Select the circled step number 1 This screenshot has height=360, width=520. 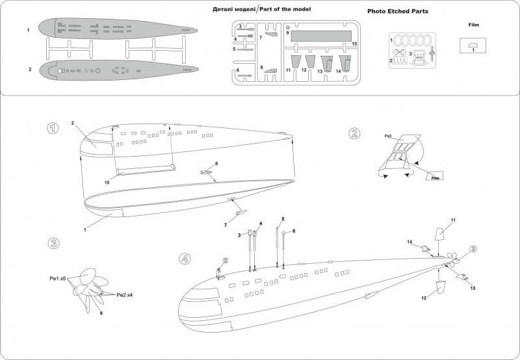(53, 128)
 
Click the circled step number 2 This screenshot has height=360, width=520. (354, 134)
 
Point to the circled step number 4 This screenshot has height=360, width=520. (186, 259)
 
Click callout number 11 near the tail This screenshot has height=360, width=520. (454, 221)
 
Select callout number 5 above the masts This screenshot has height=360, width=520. (283, 219)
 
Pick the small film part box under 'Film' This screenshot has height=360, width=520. (474, 45)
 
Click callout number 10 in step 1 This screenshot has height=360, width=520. (107, 183)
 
